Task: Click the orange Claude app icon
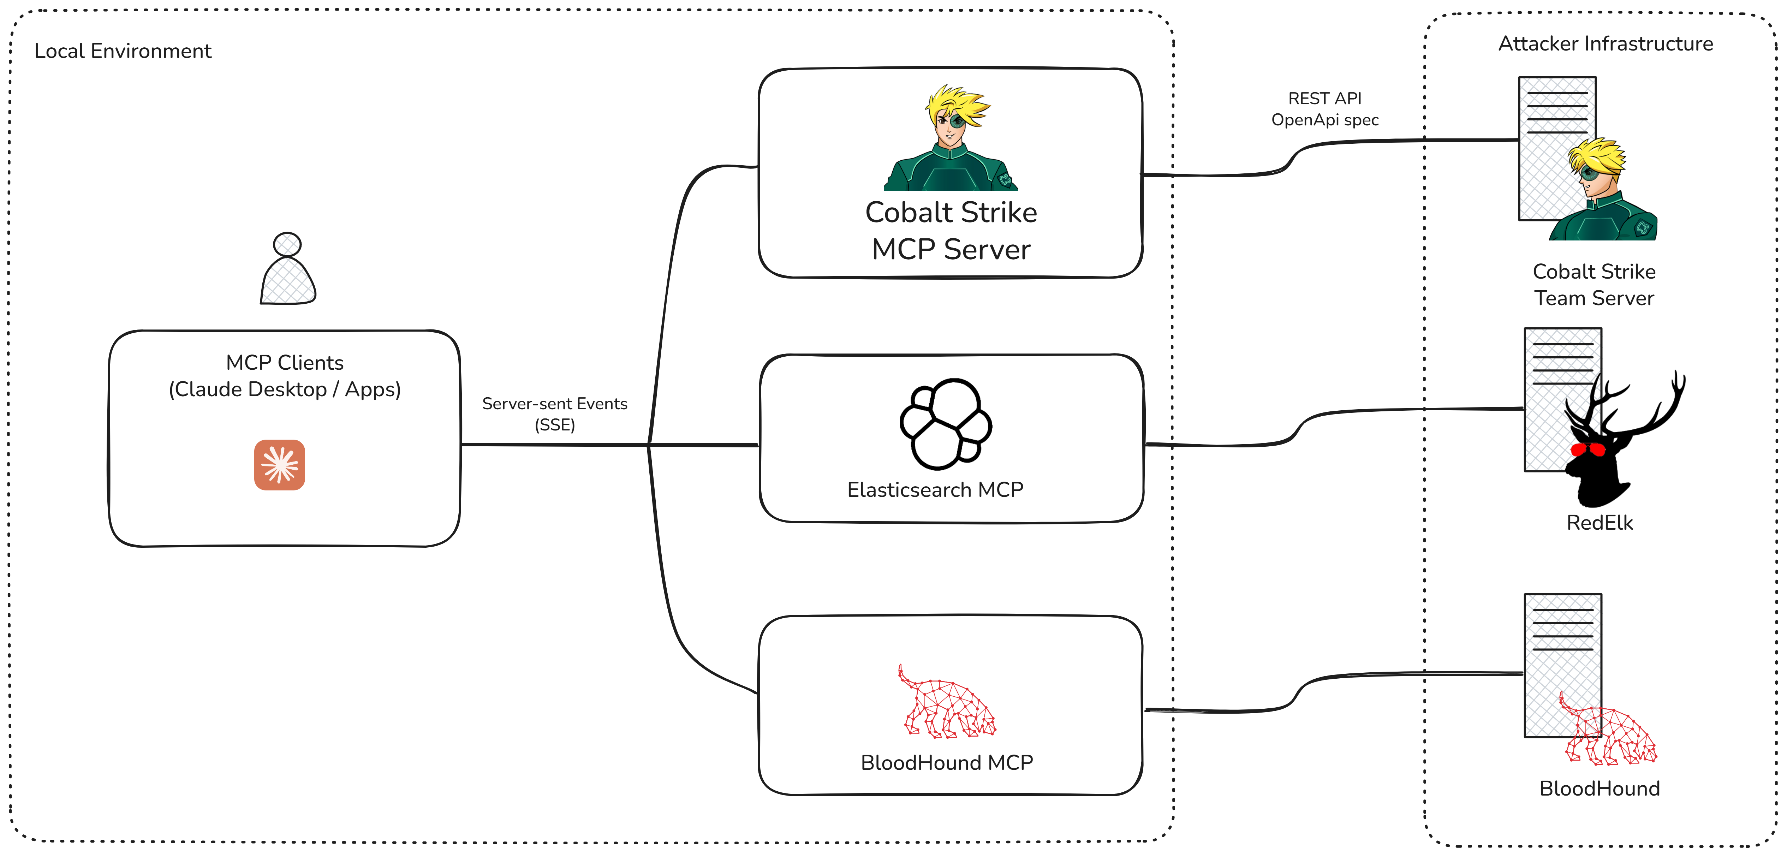tap(280, 465)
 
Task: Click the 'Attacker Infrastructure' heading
tap(1605, 44)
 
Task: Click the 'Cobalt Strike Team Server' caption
tap(1594, 285)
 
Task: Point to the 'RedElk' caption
tap(1599, 523)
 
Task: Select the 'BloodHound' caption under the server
tap(1599, 788)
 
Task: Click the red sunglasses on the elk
tap(1587, 450)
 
